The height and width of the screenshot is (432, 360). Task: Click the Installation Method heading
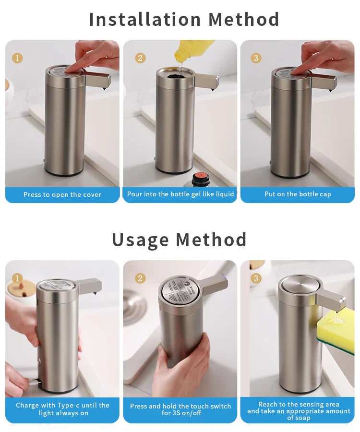tap(184, 20)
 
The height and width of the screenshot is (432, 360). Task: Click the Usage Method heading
tap(179, 240)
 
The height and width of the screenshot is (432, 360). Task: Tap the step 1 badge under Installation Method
tap(17, 58)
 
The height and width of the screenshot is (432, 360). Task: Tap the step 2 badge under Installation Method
tap(140, 58)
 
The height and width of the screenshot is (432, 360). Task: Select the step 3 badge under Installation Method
tap(256, 58)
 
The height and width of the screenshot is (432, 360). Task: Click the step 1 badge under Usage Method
tap(17, 278)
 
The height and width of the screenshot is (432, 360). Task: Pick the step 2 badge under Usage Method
tap(140, 278)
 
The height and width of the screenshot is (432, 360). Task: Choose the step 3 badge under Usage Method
tap(256, 278)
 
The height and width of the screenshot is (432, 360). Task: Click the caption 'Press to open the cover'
tap(62, 194)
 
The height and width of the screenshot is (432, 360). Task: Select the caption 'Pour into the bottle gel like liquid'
tap(180, 194)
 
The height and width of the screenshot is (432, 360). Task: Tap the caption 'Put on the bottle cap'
tap(298, 194)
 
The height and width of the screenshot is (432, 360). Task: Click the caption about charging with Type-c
tap(62, 409)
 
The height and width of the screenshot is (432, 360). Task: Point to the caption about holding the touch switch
tap(180, 409)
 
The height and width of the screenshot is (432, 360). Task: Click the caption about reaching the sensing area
tap(298, 411)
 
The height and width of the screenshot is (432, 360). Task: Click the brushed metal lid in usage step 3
tap(298, 283)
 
